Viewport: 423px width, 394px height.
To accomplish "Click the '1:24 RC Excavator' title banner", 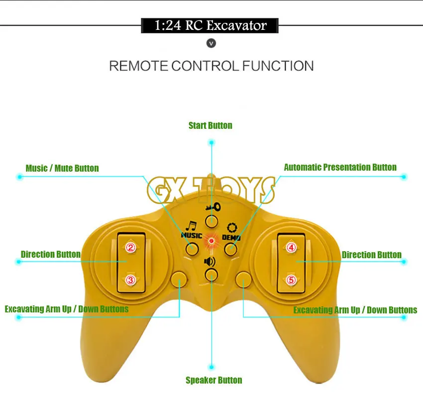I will coord(211,25).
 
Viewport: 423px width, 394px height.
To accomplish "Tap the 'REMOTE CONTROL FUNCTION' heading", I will coord(211,66).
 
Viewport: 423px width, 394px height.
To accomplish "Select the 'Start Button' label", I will coord(210,125).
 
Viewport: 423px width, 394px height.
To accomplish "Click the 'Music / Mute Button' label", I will coord(62,168).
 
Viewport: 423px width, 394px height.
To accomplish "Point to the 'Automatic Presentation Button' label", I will coord(340,167).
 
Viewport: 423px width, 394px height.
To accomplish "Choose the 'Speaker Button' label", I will coord(213,380).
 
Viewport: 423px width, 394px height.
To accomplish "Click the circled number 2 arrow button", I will coord(130,247).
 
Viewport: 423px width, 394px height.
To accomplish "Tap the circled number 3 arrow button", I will coord(130,280).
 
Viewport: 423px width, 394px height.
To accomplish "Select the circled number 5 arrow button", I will coord(291,280).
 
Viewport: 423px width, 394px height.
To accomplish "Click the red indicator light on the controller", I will coord(211,241).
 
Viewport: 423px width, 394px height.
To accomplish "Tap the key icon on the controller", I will coord(212,205).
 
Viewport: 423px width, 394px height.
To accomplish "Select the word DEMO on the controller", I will coord(231,238).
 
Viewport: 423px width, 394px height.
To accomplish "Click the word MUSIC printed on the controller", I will coord(192,235).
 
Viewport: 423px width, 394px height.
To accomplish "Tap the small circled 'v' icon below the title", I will coord(211,44).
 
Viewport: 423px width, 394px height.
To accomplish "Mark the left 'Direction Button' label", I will coord(51,254).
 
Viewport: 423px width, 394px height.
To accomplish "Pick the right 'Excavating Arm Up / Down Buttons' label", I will coord(355,310).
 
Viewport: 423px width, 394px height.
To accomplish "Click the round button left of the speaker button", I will coord(178,279).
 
